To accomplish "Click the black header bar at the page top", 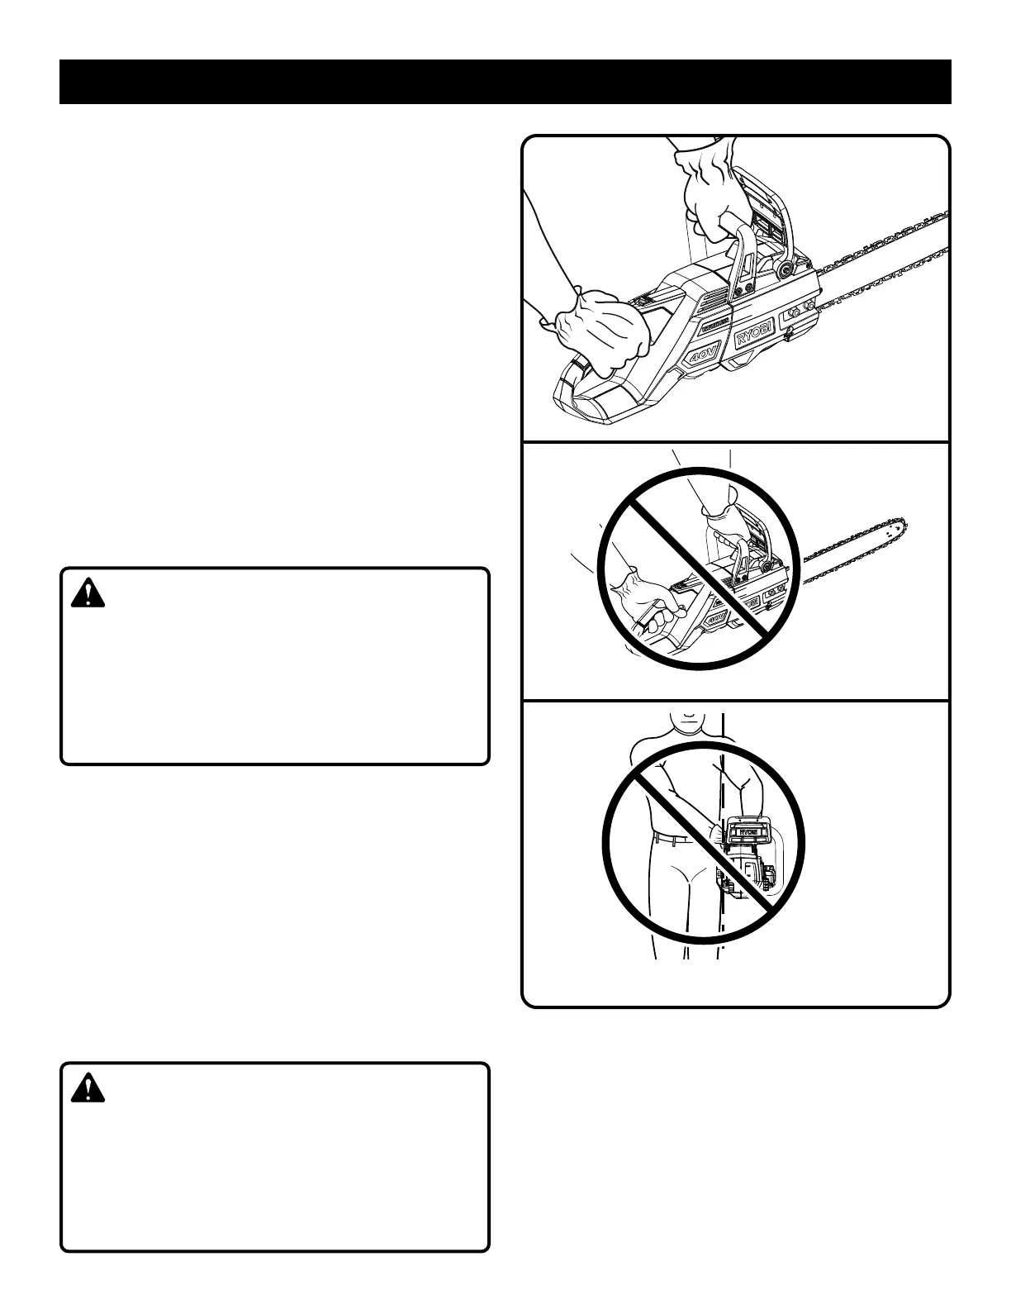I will (505, 82).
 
